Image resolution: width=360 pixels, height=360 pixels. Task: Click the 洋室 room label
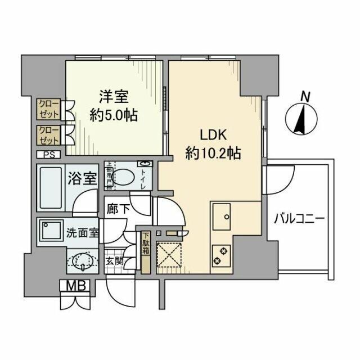click(x=115, y=95)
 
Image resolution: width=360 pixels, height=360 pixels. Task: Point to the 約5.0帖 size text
click(x=115, y=115)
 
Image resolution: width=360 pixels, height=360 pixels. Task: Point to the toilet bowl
click(x=127, y=178)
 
